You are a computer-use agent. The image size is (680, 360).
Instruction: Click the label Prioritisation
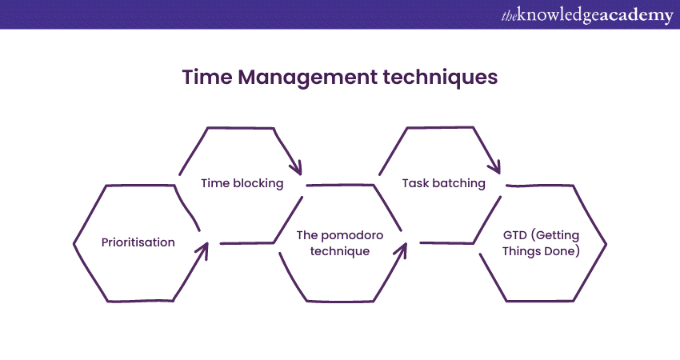[138, 242]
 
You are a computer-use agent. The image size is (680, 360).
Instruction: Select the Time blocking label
[242, 183]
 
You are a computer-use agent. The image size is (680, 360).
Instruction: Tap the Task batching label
[443, 183]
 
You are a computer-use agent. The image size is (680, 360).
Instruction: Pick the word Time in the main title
[206, 77]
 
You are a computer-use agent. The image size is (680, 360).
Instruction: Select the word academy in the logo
[635, 15]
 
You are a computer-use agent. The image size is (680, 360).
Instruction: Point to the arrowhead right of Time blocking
[297, 168]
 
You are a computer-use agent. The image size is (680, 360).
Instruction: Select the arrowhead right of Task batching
[495, 167]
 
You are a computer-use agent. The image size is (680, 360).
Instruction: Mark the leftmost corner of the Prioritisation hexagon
[74, 242]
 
